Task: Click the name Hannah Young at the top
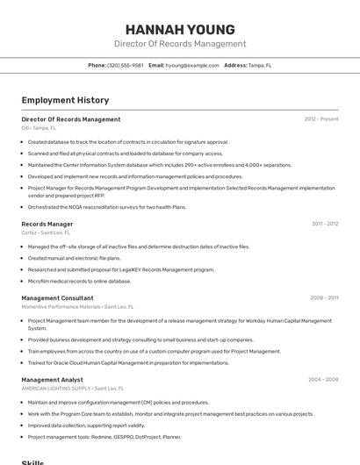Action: tap(180, 29)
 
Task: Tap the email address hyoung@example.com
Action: tap(191, 65)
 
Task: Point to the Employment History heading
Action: tap(65, 100)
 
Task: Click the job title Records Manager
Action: tap(47, 224)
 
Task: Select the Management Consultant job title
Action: tap(57, 298)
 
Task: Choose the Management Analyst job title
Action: tap(53, 379)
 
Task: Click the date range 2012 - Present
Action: tap(320, 119)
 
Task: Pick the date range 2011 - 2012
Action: tap(324, 224)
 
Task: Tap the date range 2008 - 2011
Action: tap(324, 298)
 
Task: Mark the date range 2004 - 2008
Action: tap(322, 379)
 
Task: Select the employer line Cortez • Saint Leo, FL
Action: tap(46, 232)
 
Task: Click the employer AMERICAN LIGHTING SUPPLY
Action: tap(56, 388)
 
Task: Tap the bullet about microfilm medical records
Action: tap(79, 282)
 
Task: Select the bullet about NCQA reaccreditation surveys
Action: tap(107, 207)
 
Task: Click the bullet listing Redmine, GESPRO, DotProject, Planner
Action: tap(104, 436)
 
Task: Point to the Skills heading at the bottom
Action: tap(32, 461)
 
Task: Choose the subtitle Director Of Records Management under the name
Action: tap(180, 44)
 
